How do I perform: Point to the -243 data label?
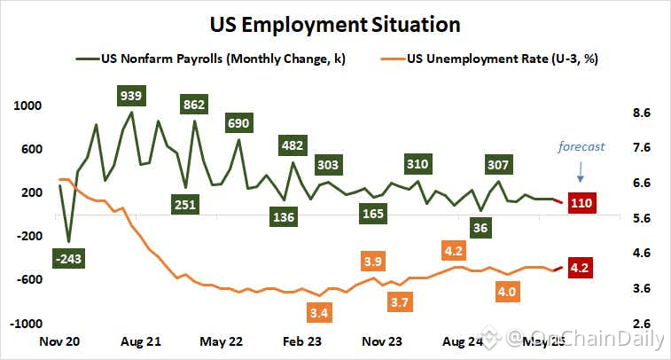[68, 259]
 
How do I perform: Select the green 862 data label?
[193, 105]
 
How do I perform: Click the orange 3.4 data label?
[320, 312]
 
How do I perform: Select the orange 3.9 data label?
[373, 262]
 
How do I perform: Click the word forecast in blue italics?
[581, 146]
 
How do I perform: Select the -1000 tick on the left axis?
[27, 325]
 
